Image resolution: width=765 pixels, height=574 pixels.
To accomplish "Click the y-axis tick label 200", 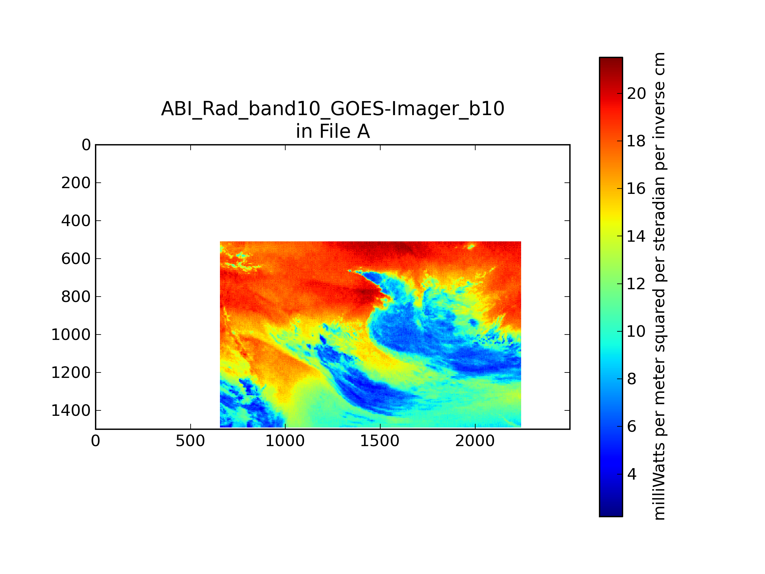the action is coord(76,183).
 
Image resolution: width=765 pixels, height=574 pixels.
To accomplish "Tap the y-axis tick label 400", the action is coord(76,221).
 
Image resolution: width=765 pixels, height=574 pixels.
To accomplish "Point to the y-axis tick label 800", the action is coord(76,297).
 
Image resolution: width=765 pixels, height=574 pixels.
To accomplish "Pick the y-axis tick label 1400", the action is coord(71,411).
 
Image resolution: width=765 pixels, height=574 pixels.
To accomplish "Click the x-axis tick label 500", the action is coord(190,441).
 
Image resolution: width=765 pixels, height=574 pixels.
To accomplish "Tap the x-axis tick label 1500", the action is coord(380,441).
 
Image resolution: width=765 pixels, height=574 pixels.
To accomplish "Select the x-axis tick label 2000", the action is coord(475,441).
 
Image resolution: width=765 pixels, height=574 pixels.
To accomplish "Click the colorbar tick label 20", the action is coord(636,93).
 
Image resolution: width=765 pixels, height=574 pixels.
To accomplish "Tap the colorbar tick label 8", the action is coord(632,379).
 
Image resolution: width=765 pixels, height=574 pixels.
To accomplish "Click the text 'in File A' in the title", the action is coord(333,131).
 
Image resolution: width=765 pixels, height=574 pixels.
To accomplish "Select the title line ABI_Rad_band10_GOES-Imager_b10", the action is coord(333,109).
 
